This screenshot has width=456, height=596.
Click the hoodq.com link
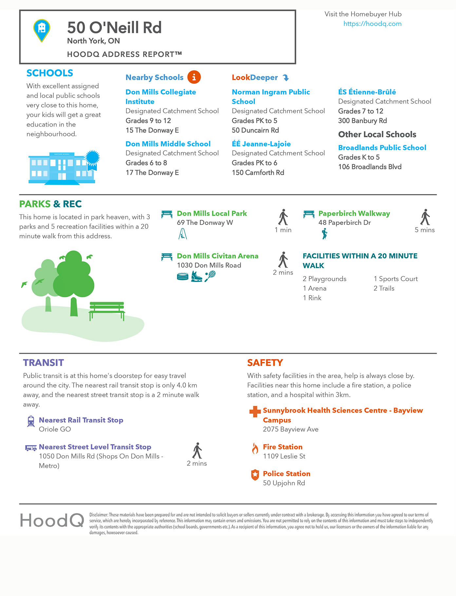(x=372, y=24)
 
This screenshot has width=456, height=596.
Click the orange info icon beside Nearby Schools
(x=194, y=77)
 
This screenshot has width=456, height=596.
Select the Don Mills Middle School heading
(x=168, y=144)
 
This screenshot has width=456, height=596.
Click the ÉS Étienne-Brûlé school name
(x=367, y=92)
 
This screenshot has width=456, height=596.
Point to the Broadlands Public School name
(x=382, y=148)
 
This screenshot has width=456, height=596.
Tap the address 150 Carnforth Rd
(x=258, y=172)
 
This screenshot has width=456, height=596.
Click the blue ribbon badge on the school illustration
(x=92, y=159)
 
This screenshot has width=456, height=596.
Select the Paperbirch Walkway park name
(x=354, y=213)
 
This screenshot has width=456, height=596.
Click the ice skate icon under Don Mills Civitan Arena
(x=197, y=277)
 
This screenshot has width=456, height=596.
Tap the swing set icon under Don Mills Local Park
(x=182, y=234)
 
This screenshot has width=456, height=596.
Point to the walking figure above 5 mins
(x=425, y=217)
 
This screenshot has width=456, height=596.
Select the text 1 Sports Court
(x=395, y=279)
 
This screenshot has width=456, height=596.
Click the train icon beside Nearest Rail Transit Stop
(x=31, y=421)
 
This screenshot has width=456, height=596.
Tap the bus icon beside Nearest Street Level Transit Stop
(x=31, y=448)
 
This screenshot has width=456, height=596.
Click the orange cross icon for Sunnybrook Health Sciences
(x=255, y=412)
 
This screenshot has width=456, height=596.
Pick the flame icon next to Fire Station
(x=255, y=448)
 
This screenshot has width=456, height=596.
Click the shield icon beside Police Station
(x=255, y=475)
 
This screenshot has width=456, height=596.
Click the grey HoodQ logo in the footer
(x=52, y=520)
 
